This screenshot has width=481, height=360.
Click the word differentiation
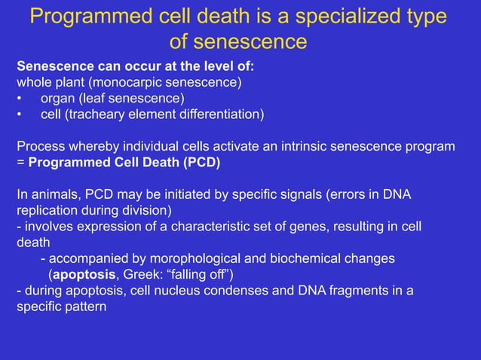218,114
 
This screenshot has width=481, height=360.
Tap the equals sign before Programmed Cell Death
21,162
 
